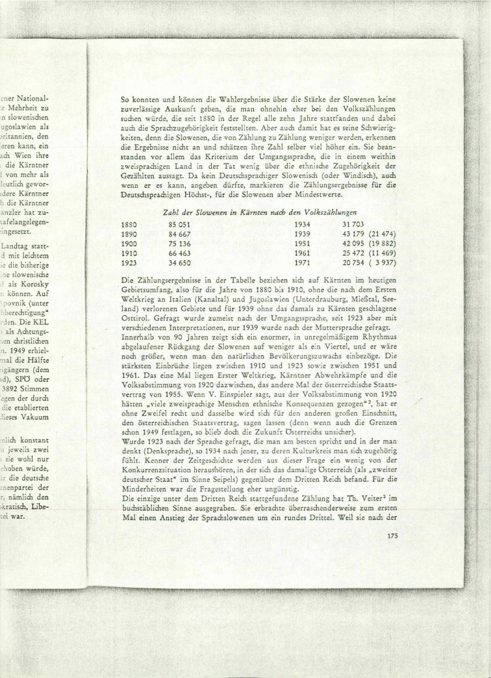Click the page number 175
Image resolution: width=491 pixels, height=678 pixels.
392,537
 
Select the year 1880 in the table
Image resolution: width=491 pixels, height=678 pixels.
129,224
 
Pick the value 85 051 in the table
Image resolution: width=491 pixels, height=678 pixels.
179,224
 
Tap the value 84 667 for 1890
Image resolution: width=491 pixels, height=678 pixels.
179,234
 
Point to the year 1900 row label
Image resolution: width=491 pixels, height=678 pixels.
129,244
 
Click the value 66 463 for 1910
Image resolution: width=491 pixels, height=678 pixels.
179,253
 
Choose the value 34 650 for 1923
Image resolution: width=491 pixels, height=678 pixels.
179,263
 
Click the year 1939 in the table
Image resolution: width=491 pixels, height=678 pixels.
302,234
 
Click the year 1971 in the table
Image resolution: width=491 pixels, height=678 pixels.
302,263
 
